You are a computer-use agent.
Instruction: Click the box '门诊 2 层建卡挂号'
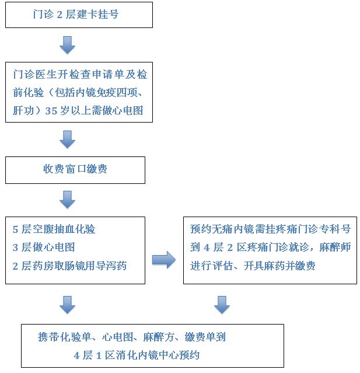click(x=79, y=14)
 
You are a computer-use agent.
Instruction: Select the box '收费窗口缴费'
click(x=75, y=169)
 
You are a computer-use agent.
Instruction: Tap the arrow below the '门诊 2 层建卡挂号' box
click(x=68, y=44)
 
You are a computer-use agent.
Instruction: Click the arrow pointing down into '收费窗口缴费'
click(x=68, y=139)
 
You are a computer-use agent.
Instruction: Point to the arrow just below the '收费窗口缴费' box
click(x=68, y=200)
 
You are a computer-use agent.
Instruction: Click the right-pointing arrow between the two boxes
click(x=163, y=260)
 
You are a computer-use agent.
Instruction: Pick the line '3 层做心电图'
click(x=44, y=247)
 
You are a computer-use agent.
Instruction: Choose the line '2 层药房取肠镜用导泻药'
click(x=69, y=266)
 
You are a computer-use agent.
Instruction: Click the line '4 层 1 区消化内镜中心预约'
click(x=140, y=355)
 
